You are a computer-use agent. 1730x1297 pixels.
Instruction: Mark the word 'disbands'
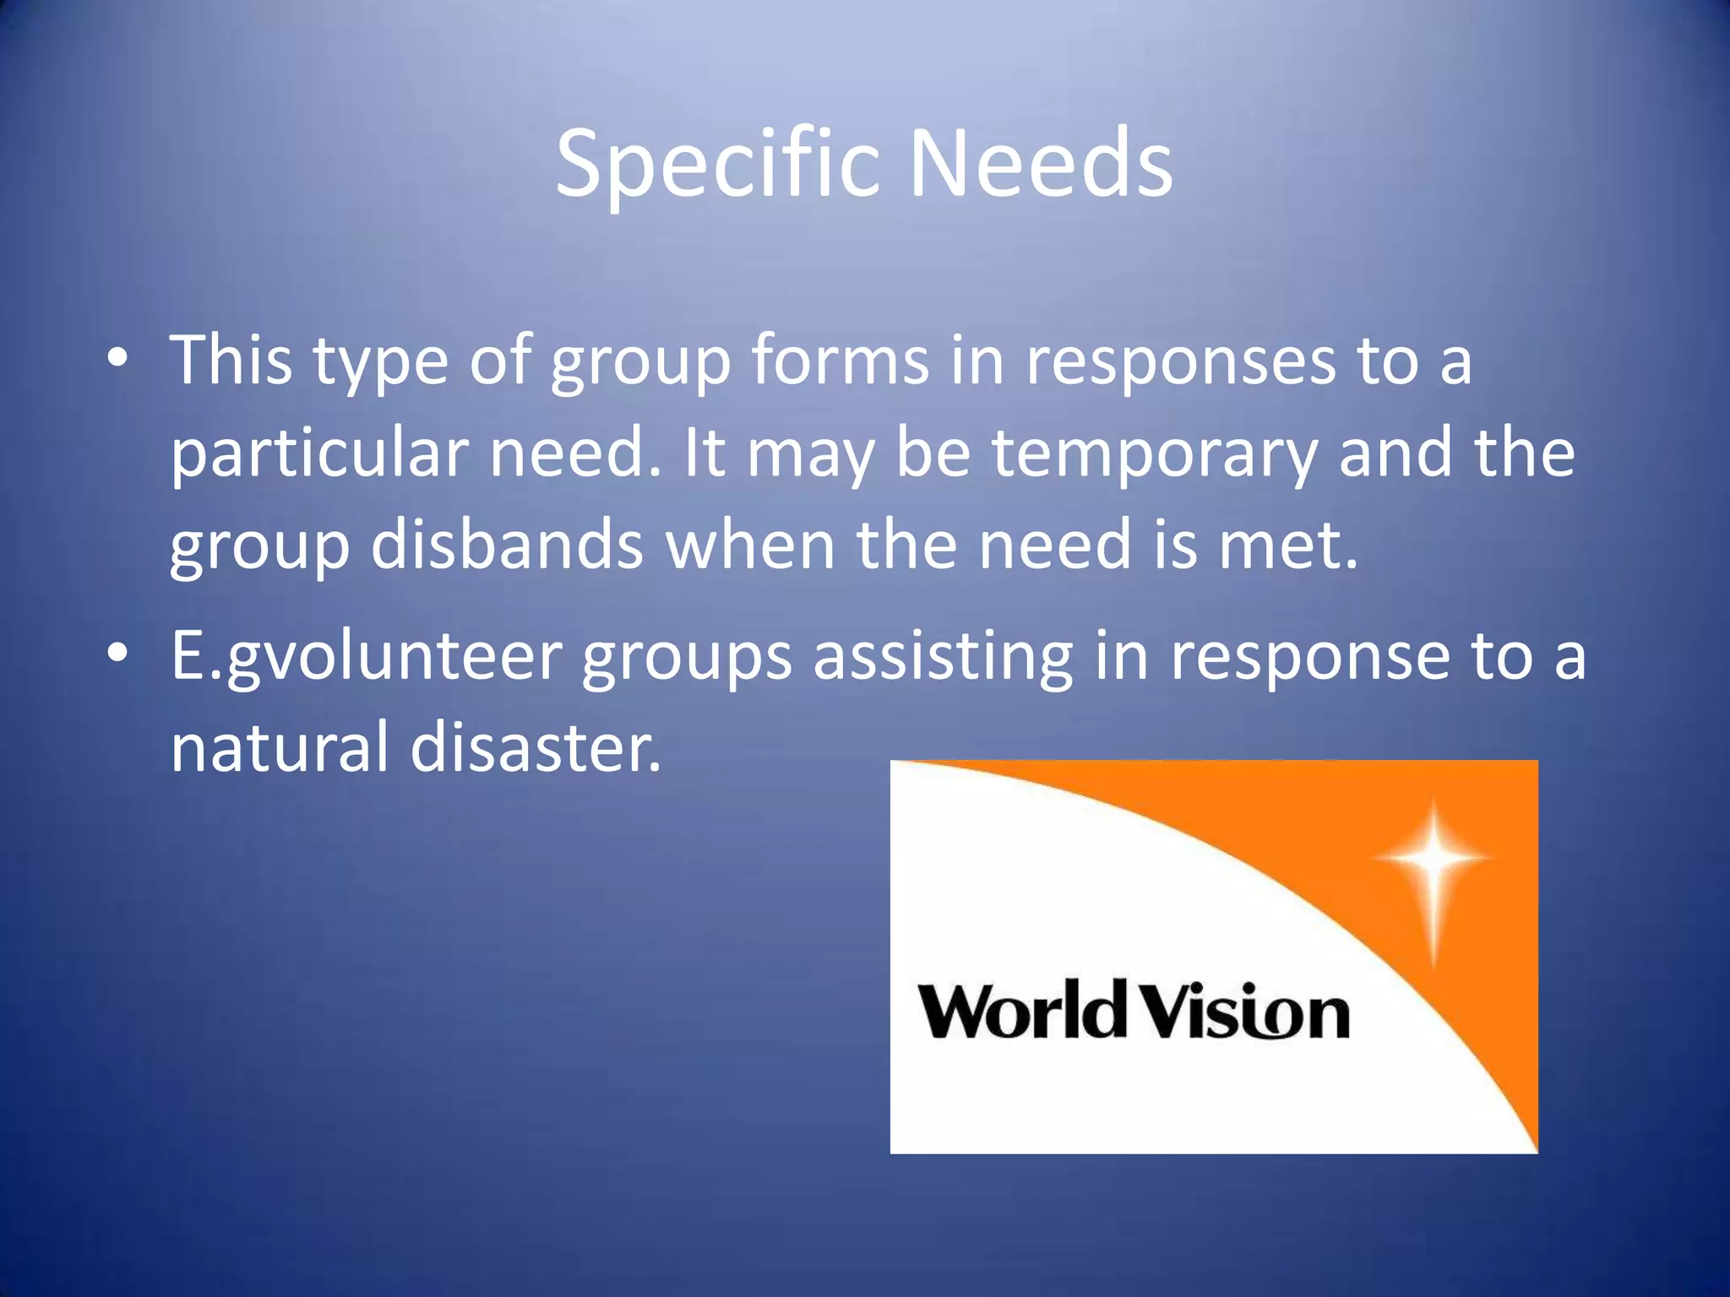[507, 545]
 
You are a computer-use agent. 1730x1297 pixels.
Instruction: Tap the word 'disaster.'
[536, 748]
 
